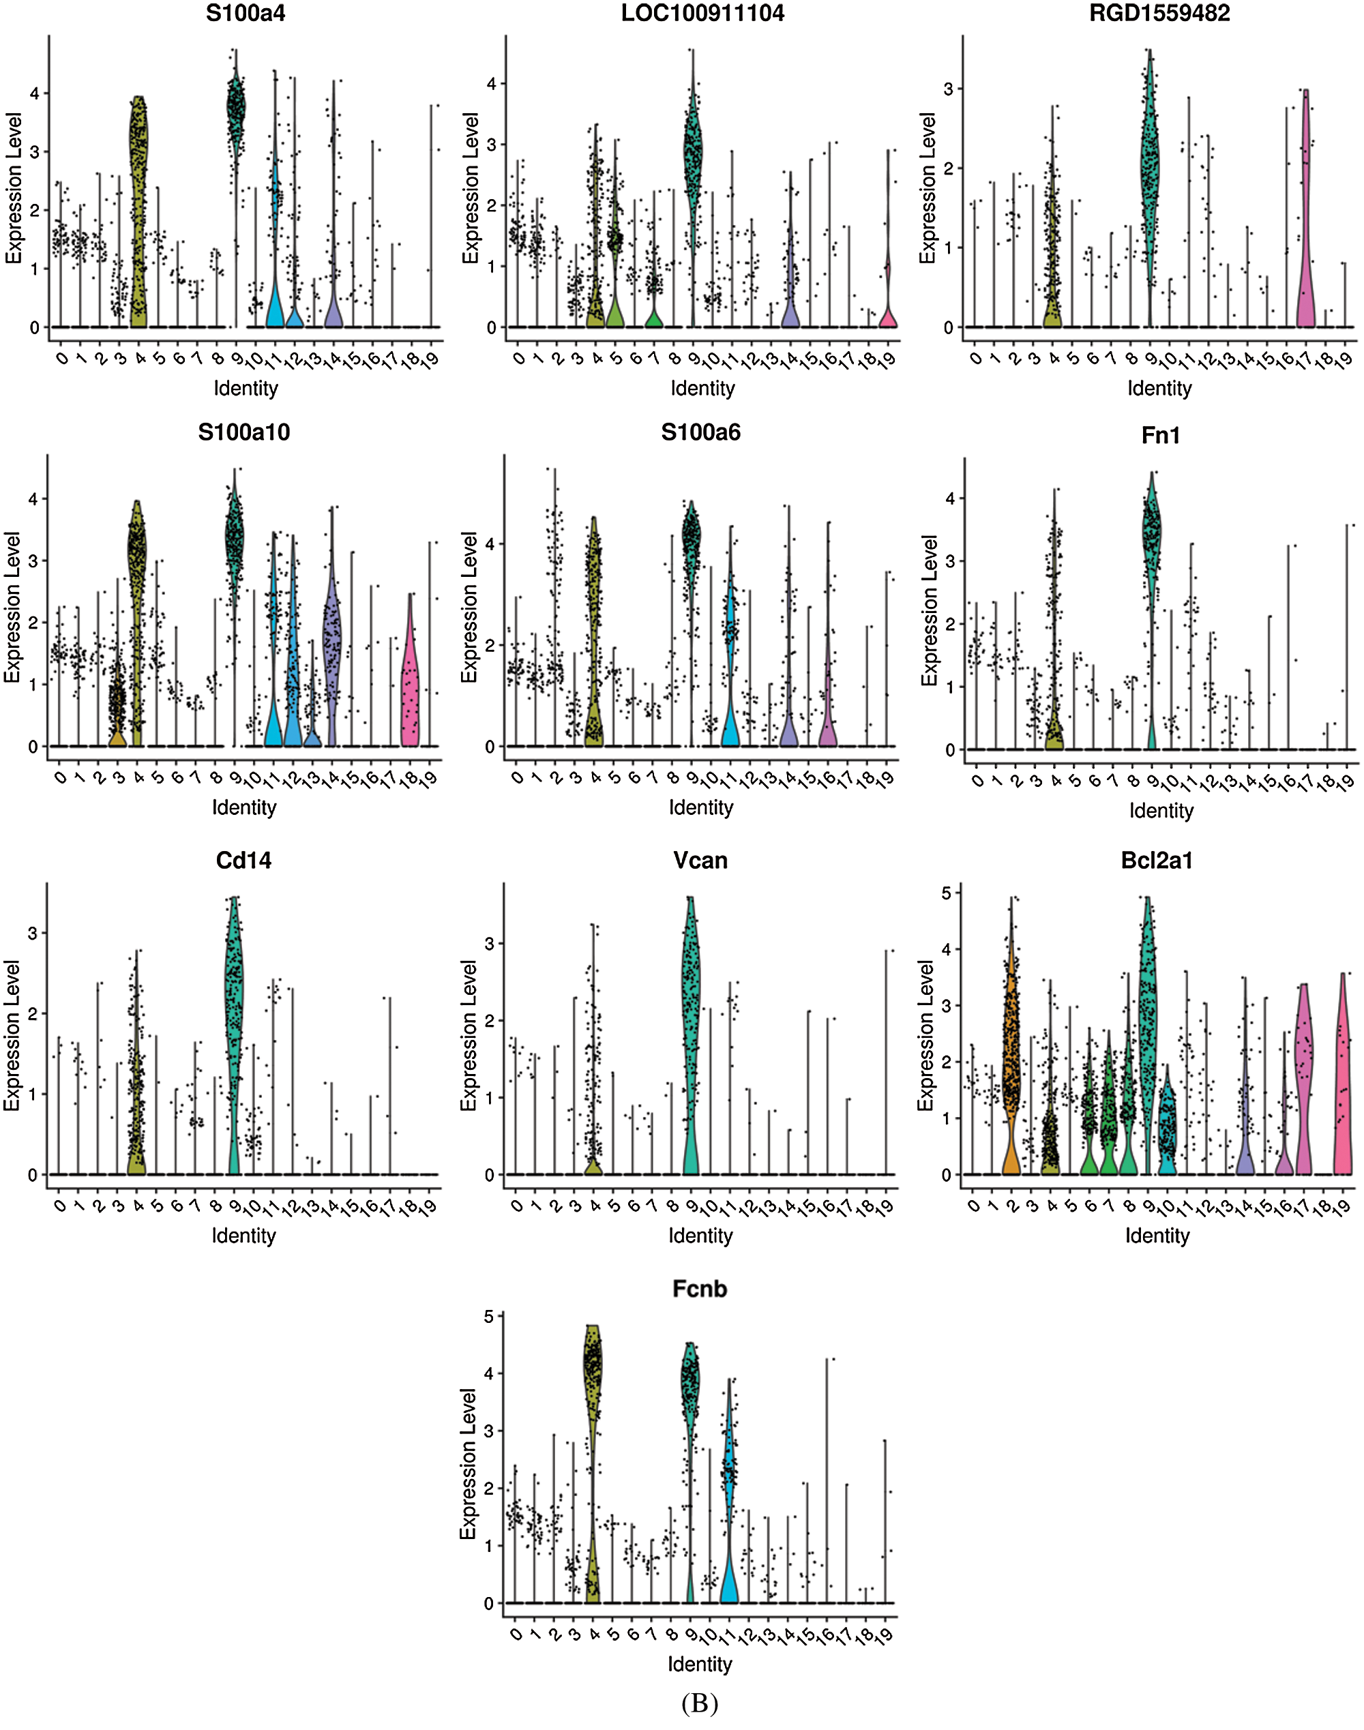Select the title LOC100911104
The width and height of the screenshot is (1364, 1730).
point(702,13)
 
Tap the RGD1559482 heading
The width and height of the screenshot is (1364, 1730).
point(1159,13)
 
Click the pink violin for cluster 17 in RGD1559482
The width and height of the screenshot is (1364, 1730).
point(1306,239)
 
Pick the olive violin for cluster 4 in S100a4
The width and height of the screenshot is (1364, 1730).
point(139,200)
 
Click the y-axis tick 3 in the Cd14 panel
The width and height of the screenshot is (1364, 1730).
point(33,932)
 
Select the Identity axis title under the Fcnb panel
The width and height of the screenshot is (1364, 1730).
point(700,1664)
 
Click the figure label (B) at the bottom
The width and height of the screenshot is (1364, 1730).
point(700,1703)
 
